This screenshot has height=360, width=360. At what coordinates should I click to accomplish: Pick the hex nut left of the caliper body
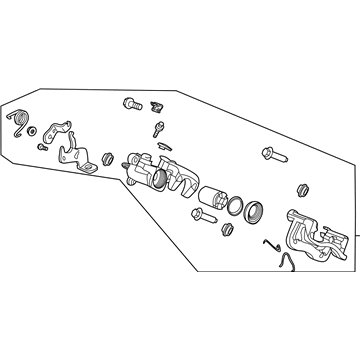[111, 159]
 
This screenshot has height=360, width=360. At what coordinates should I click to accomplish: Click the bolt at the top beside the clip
[131, 103]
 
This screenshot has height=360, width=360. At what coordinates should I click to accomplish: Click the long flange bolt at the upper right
[271, 154]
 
